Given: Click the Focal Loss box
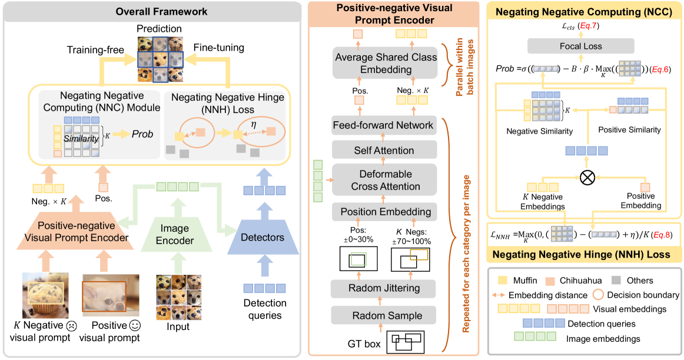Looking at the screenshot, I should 581,46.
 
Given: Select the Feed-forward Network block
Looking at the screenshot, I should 383,125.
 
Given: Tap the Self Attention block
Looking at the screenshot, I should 383,151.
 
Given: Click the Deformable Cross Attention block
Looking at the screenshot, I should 383,180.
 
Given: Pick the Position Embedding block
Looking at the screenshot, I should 383,212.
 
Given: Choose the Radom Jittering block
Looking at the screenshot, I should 383,288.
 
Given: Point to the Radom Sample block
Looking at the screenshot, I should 383,315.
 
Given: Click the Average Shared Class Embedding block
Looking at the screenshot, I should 386,64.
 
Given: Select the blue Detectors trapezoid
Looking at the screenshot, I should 264,238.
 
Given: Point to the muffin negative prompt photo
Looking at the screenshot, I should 45,298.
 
